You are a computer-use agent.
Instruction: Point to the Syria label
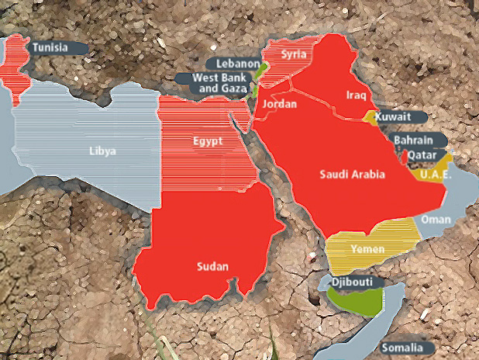tap(293, 54)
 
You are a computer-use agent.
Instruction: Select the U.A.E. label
tap(436, 175)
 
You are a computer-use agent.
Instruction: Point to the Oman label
tap(436, 220)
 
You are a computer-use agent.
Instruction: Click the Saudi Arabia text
tap(353, 175)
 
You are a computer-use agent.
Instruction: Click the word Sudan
tap(212, 266)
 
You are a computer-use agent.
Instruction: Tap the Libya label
tap(102, 151)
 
